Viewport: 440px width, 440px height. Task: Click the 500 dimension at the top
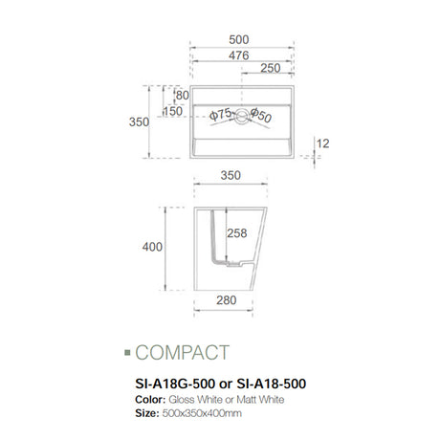click(x=239, y=39)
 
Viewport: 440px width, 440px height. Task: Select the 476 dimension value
click(x=239, y=55)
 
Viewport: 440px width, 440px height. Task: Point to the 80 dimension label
click(x=183, y=96)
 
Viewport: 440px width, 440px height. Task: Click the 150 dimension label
click(x=172, y=113)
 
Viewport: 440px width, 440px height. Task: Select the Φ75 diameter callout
click(x=222, y=114)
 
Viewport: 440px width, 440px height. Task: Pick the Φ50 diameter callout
click(x=263, y=117)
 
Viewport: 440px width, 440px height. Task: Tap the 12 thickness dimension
click(x=326, y=143)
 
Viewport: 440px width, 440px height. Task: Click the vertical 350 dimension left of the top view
click(x=141, y=122)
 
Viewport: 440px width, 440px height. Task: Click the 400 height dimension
click(x=153, y=247)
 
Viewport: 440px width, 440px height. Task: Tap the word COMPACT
click(x=183, y=353)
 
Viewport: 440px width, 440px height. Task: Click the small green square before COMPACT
click(x=127, y=354)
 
